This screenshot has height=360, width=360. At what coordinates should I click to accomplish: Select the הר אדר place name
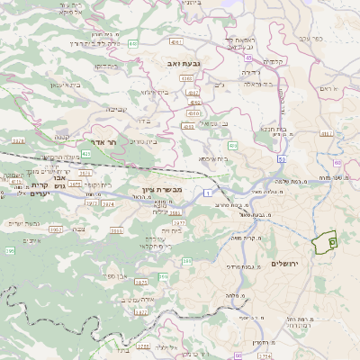coord(104,142)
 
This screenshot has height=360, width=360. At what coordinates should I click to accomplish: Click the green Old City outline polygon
coord(324,241)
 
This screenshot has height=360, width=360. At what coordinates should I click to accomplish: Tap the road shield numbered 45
coord(247,58)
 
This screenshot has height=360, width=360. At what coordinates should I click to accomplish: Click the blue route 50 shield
coord(282,158)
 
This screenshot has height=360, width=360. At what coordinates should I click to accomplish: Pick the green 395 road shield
coord(186,261)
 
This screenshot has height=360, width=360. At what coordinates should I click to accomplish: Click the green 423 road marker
coord(85,154)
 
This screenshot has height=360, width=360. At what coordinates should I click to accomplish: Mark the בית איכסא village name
coord(214,158)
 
